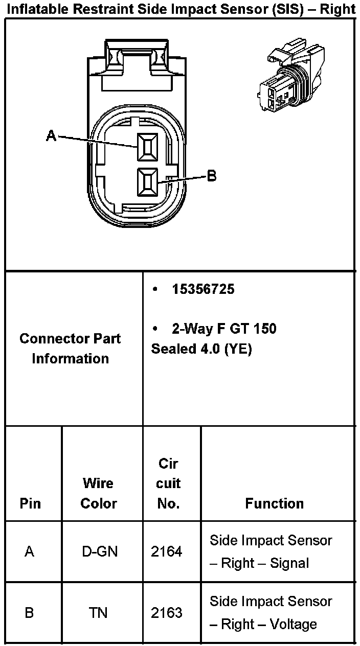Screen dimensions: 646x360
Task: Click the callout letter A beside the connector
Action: click(51, 136)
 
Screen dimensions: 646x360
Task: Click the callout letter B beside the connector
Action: click(211, 177)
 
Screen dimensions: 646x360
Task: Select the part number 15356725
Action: click(203, 289)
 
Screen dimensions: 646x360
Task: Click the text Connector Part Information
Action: click(70, 349)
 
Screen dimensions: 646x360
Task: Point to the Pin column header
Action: click(30, 503)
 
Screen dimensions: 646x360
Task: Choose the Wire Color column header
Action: click(99, 493)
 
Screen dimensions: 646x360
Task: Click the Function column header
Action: click(274, 503)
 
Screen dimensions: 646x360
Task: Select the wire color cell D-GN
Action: click(100, 552)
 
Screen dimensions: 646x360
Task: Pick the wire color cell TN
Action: click(98, 612)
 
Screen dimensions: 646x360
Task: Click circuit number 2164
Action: click(166, 552)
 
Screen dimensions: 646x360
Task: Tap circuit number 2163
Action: click(166, 612)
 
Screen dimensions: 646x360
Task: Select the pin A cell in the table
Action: click(30, 552)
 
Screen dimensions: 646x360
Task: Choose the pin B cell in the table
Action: click(29, 612)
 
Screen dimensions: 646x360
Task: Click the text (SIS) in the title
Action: click(279, 9)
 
